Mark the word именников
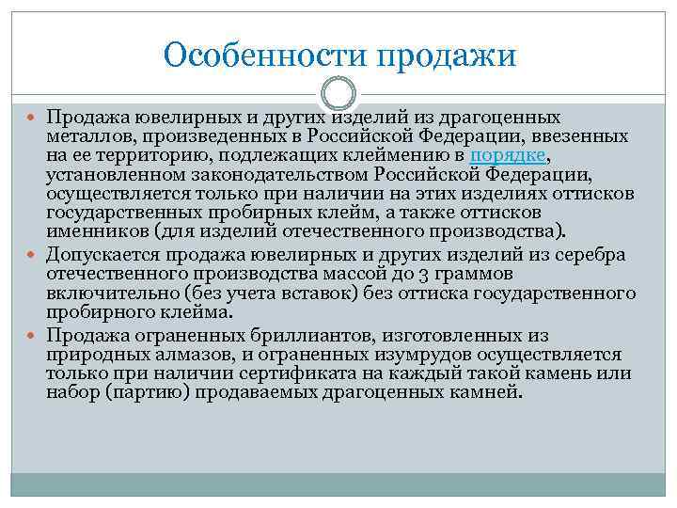pos(91,230)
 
